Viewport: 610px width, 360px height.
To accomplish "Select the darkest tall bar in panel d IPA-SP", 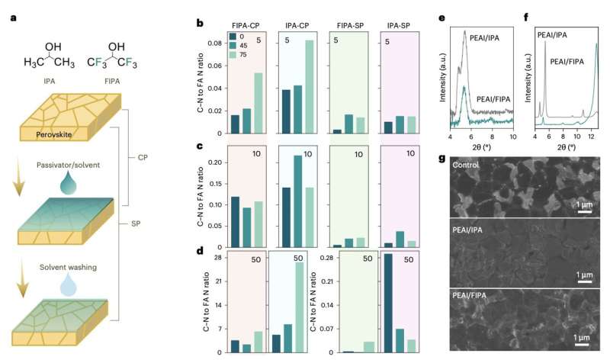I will coord(388,303).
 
